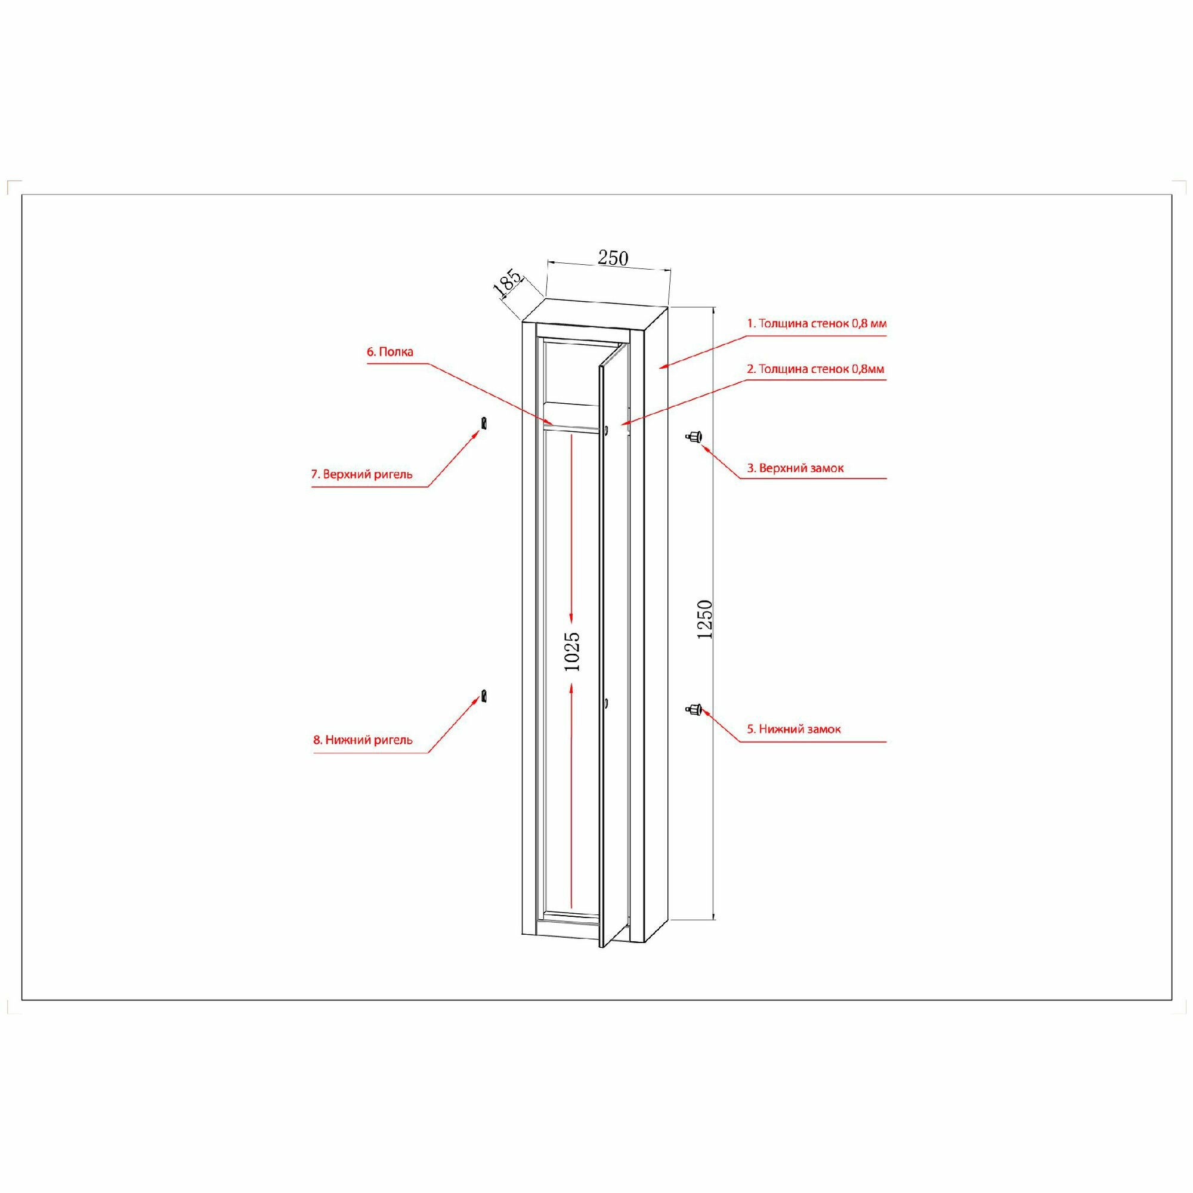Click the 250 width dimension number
tap(613, 258)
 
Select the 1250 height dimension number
tap(704, 619)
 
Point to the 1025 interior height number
tap(573, 651)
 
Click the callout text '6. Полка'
tap(390, 352)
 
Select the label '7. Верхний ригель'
tap(361, 474)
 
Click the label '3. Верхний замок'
tap(795, 468)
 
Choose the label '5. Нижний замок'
tap(794, 730)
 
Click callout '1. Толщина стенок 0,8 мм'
tap(817, 323)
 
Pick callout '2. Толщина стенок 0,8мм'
tap(815, 369)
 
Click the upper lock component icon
tap(694, 436)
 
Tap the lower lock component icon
tap(694, 708)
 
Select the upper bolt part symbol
tap(485, 423)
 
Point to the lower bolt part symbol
tap(486, 696)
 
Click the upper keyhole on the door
tap(607, 429)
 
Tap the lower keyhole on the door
tap(607, 703)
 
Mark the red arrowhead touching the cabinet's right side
tap(662, 367)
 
